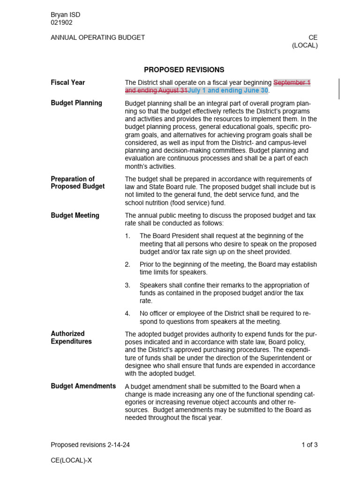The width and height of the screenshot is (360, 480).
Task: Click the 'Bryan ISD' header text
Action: point(65,15)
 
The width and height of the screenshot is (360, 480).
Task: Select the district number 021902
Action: point(61,22)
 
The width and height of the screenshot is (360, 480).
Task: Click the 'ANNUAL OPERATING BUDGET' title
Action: point(97,37)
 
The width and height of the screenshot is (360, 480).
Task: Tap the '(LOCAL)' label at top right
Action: point(305,45)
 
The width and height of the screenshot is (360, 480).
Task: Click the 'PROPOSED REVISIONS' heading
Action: point(184,70)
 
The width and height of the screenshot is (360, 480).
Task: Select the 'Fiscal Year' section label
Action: point(68,82)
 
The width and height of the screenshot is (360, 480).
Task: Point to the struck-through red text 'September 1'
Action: point(292,82)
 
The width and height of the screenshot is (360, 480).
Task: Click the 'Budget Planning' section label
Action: point(76,103)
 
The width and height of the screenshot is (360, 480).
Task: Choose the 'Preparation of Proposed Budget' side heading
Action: point(78,183)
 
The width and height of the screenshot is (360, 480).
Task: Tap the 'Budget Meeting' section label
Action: point(75,216)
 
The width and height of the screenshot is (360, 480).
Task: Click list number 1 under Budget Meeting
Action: point(127,236)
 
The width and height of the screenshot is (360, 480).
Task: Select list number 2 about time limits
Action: point(127,265)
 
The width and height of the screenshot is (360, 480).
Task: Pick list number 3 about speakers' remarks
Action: point(127,285)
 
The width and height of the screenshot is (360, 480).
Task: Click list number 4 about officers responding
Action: point(127,314)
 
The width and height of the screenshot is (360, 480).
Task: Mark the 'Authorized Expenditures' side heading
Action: point(71,337)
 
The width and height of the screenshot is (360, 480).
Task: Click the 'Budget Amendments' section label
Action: point(83,386)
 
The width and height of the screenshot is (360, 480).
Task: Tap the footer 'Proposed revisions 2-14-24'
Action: point(90,445)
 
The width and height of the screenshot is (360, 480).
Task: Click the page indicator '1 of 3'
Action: point(309,445)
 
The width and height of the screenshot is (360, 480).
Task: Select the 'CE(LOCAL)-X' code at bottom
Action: point(71,460)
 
